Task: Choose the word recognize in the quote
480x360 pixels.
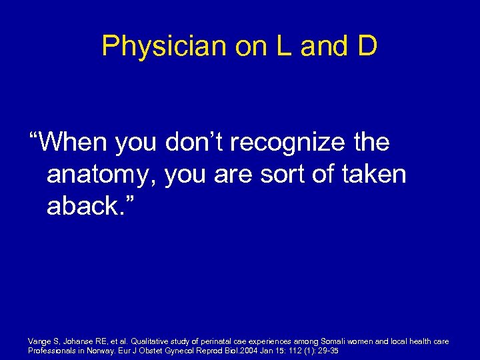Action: click(295, 143)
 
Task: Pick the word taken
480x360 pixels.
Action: click(377, 175)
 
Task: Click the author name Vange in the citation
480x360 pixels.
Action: click(39, 341)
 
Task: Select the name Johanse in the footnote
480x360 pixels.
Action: click(78, 341)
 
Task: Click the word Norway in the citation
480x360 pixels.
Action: click(99, 350)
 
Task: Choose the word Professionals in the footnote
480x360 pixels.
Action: click(50, 350)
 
